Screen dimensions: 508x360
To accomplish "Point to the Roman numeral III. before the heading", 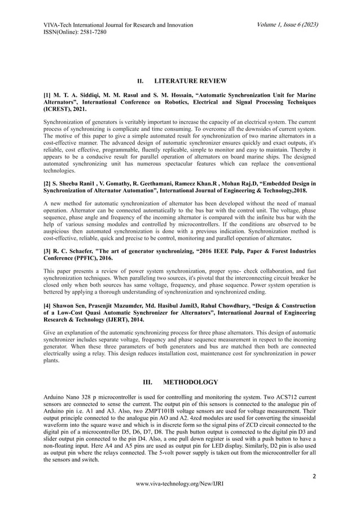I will point(151,382).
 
